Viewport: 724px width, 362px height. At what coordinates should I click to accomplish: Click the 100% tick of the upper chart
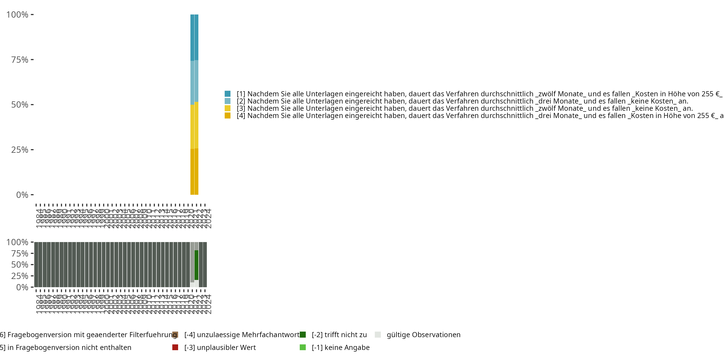pos(17,15)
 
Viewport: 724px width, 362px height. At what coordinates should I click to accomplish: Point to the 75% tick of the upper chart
pos(20,60)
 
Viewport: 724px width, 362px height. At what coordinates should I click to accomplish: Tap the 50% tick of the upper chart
pos(20,105)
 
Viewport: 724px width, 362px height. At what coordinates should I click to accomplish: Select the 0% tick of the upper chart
pos(22,195)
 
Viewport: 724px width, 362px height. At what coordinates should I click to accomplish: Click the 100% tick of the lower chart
pos(17,242)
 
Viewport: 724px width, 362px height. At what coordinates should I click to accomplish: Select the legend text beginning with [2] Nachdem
pos(462,101)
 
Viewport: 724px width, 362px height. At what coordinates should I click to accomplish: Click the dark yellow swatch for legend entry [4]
pos(228,116)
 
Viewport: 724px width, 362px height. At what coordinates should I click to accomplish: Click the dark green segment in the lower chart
pos(196,265)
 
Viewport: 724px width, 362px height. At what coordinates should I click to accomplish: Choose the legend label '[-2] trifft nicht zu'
pos(339,335)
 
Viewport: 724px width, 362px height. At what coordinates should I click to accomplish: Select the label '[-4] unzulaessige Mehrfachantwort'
pos(242,335)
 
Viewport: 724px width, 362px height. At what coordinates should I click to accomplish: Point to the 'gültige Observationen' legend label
pos(423,335)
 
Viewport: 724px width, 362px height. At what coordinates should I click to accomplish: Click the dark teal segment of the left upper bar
pos(192,38)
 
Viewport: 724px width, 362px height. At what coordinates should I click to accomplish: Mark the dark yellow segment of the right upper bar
pos(196,171)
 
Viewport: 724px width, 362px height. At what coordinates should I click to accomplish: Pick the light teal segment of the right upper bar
pos(196,81)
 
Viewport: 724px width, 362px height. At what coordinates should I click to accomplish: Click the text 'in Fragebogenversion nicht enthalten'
pos(69,348)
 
